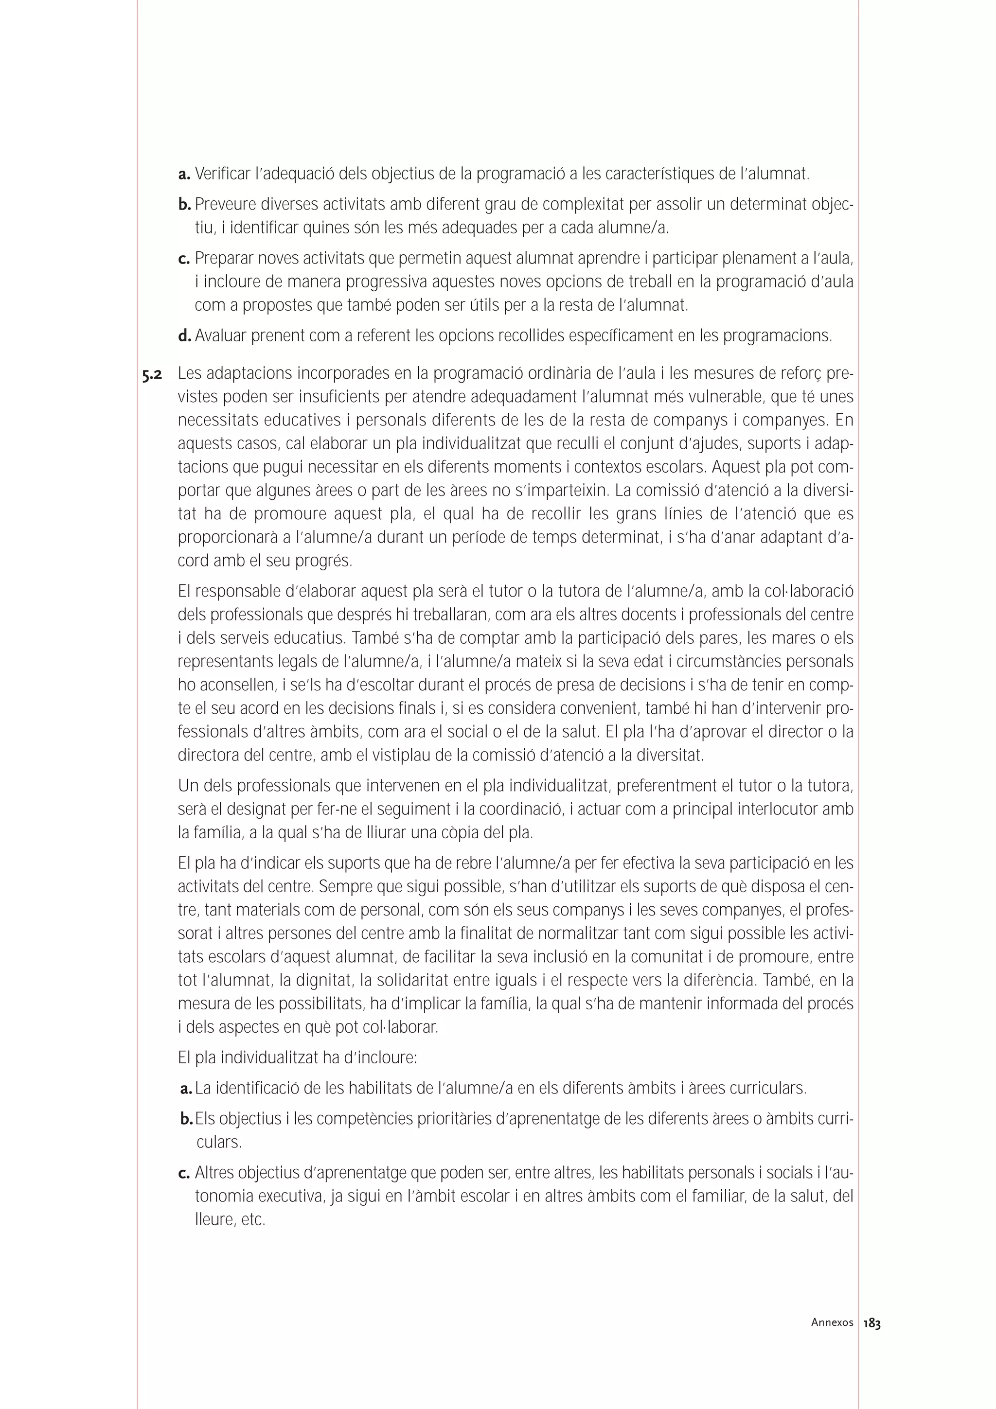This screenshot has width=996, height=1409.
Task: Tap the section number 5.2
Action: pos(152,375)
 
